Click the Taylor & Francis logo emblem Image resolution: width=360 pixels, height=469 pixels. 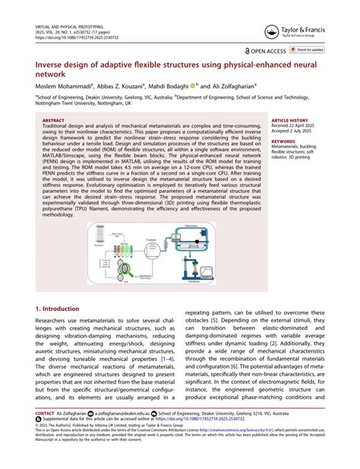pyautogui.click(x=269, y=33)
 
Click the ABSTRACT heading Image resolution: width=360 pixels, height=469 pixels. pyautogui.click(x=54, y=120)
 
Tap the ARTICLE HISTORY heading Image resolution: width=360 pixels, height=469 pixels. pyautogui.click(x=290, y=120)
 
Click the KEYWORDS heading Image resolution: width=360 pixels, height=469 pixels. pyautogui.click(x=283, y=141)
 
